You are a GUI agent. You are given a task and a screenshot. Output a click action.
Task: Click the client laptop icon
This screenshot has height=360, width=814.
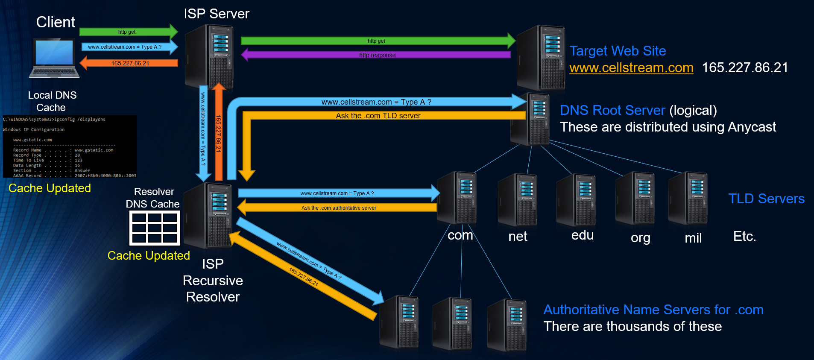pos(55,58)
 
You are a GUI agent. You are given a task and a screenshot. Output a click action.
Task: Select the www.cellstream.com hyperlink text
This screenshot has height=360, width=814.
pos(631,68)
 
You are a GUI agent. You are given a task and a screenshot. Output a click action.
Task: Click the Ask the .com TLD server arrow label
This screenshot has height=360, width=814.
pos(378,116)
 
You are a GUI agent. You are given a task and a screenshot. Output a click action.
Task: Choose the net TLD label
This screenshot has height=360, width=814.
pos(518,236)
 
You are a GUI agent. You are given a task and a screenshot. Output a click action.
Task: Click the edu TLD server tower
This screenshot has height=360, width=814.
pos(576,200)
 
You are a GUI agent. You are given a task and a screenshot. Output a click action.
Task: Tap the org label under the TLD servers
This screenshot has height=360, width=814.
pos(640,237)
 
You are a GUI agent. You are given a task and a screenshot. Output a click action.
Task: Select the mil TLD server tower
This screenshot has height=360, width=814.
pos(688,199)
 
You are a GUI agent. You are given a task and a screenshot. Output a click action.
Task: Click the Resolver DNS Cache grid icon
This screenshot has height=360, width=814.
pos(155,228)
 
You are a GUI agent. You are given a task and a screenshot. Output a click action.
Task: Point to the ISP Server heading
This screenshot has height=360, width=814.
pos(217,14)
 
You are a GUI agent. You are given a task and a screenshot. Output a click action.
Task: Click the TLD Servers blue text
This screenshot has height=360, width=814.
pos(766,199)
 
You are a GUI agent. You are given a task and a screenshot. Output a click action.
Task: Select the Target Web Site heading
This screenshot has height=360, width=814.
pos(618,51)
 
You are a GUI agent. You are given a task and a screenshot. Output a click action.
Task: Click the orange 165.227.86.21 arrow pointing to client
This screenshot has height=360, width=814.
pos(130,63)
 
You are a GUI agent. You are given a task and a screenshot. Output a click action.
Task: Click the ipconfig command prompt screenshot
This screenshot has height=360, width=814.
pos(70,146)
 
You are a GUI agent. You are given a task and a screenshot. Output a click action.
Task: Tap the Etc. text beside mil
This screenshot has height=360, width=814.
pos(744,236)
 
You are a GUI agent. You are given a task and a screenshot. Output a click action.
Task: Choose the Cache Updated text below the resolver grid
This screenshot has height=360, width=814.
pos(149,255)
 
